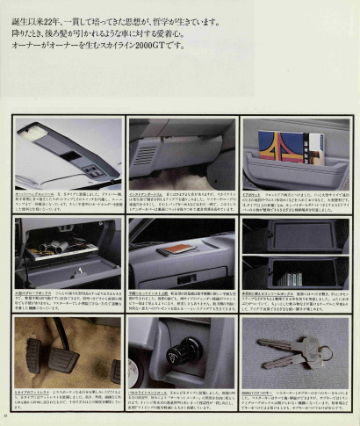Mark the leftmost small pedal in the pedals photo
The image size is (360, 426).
(32, 356)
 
